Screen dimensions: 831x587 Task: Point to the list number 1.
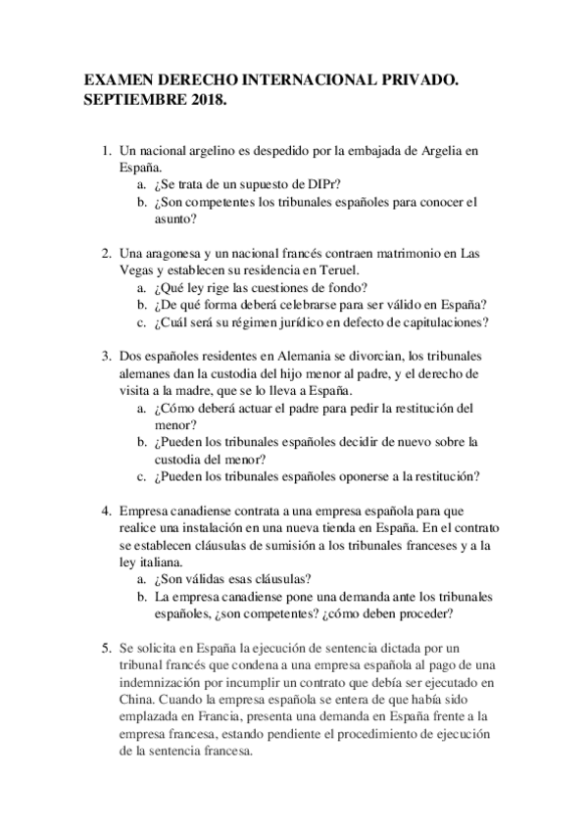107,153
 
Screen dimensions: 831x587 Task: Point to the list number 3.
107,355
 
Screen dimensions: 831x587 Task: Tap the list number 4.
107,512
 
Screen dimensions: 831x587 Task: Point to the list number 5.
107,648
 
